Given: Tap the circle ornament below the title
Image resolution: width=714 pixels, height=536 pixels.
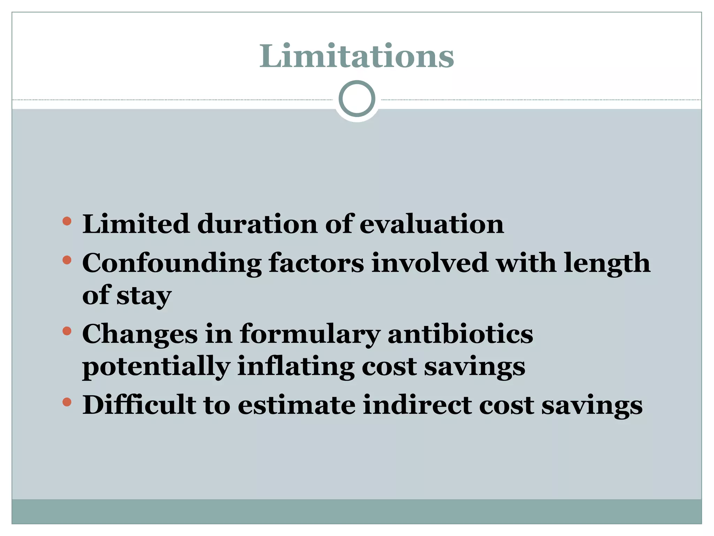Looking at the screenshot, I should pyautogui.click(x=357, y=99).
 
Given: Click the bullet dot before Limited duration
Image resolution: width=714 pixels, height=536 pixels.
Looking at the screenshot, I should pyautogui.click(x=67, y=221).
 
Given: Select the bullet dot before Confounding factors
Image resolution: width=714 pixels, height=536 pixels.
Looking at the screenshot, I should pyautogui.click(x=67, y=260).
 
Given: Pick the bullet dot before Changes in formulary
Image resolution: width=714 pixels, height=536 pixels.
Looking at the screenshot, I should pyautogui.click(x=67, y=331).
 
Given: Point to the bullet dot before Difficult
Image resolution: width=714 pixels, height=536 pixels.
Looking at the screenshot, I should pyautogui.click(x=67, y=402).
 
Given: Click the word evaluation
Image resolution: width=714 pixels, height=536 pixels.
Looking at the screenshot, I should pyautogui.click(x=432, y=224).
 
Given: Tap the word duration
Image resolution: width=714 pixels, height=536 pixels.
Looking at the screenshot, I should pyautogui.click(x=257, y=224).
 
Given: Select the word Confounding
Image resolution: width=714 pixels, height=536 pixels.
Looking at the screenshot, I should pyautogui.click(x=172, y=263).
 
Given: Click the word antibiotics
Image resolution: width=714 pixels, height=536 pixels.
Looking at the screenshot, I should pyautogui.click(x=460, y=334).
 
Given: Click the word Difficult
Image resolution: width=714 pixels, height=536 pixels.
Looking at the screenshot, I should pyautogui.click(x=139, y=405).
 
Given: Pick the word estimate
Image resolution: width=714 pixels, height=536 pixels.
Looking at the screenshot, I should pyautogui.click(x=297, y=405).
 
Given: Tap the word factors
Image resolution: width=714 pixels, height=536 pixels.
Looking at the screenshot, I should pyautogui.click(x=316, y=263).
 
